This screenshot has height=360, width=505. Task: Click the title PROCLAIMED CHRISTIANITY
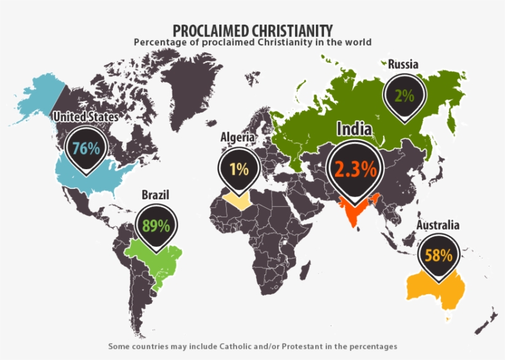[x=252, y=30]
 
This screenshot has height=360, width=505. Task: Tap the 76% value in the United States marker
[x=86, y=148]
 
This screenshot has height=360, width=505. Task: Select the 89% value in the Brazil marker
[x=155, y=225]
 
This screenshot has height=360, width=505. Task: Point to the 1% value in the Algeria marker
[x=239, y=169]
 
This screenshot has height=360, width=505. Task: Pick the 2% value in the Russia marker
[x=404, y=95]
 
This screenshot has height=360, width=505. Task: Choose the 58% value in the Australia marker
[x=438, y=255]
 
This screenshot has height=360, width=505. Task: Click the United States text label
[x=86, y=116]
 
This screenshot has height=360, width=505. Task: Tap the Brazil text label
[x=155, y=195]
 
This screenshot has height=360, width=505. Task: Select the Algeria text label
[x=238, y=138]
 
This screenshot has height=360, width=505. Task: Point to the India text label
[x=353, y=129]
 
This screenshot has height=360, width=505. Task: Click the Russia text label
[x=403, y=64]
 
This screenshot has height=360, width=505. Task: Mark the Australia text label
[x=438, y=225]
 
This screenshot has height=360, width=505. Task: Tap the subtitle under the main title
[x=252, y=42]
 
